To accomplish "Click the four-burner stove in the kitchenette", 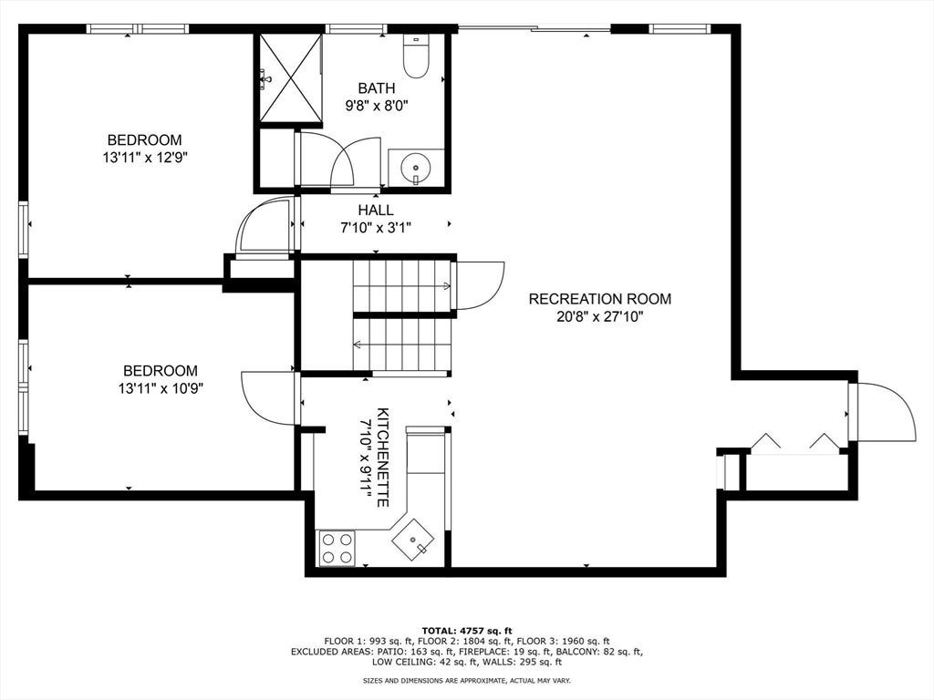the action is pos(337,548).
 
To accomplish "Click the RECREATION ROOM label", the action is pos(600,299).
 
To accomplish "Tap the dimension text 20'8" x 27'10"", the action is pos(600,316).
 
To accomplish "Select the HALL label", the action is pos(376,211).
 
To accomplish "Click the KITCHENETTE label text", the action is pos(383,458).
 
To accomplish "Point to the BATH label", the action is pos(377,88).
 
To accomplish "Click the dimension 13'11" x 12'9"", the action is pos(145,158).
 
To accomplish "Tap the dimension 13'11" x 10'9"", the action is pos(161,388).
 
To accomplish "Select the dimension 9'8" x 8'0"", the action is pos(377,106).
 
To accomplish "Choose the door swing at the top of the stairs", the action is pos(480,285).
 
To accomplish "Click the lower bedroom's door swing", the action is pos(269,398).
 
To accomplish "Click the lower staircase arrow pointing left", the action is pos(402,344).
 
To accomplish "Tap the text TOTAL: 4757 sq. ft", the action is pos(467,631).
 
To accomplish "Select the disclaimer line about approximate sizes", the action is pos(467,680).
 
